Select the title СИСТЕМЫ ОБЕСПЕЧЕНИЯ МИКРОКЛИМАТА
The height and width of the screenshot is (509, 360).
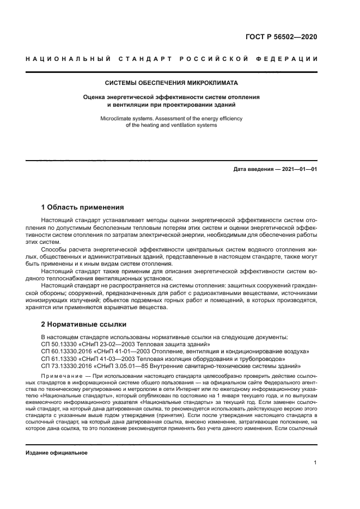tap(171, 83)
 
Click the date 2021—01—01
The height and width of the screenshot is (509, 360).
tap(299, 169)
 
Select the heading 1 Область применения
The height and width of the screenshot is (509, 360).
tap(83, 207)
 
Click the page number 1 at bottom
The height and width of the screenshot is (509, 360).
tap(315, 463)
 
